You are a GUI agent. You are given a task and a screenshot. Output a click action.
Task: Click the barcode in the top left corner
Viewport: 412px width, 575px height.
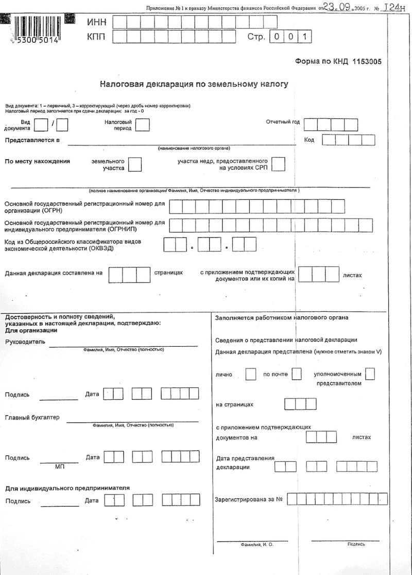(x=36, y=29)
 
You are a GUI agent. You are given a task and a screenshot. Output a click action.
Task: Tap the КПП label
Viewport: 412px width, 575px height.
(x=98, y=37)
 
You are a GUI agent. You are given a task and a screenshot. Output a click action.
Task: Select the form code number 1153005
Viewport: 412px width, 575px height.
(x=367, y=61)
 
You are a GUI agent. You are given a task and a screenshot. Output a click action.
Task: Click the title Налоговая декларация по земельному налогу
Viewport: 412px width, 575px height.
(x=194, y=84)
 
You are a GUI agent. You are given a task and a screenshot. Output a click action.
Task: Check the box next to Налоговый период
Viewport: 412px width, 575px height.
(x=143, y=125)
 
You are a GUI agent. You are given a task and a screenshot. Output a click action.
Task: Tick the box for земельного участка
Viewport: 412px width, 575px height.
(x=135, y=164)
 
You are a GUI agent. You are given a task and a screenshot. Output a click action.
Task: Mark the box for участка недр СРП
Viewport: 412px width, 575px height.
(x=278, y=163)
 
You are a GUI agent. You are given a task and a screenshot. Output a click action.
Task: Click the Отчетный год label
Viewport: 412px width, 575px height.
(x=283, y=122)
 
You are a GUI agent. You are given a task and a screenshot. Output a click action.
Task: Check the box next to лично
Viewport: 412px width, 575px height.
(x=251, y=375)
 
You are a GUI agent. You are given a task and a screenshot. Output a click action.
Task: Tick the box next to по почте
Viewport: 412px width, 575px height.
(x=296, y=374)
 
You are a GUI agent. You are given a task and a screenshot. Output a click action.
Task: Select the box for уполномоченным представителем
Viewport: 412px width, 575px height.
(x=369, y=374)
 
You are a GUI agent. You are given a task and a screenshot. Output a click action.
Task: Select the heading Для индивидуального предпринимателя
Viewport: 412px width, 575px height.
(x=67, y=487)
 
